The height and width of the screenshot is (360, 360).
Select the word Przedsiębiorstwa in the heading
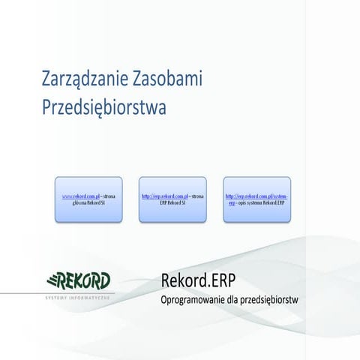point(103,107)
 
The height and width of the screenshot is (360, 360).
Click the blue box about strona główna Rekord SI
point(88,199)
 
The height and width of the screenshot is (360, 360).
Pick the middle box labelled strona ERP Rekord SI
point(172,199)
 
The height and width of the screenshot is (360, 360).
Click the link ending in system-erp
point(256,199)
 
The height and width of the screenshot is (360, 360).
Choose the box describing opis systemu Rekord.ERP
point(256,199)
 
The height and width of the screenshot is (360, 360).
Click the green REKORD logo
point(79,281)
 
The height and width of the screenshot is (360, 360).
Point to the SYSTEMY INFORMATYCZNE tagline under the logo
point(78,298)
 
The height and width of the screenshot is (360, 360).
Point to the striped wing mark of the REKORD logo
point(53,281)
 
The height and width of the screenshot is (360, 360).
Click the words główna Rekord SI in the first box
point(88,203)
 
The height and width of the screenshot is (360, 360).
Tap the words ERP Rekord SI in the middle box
point(172,203)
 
